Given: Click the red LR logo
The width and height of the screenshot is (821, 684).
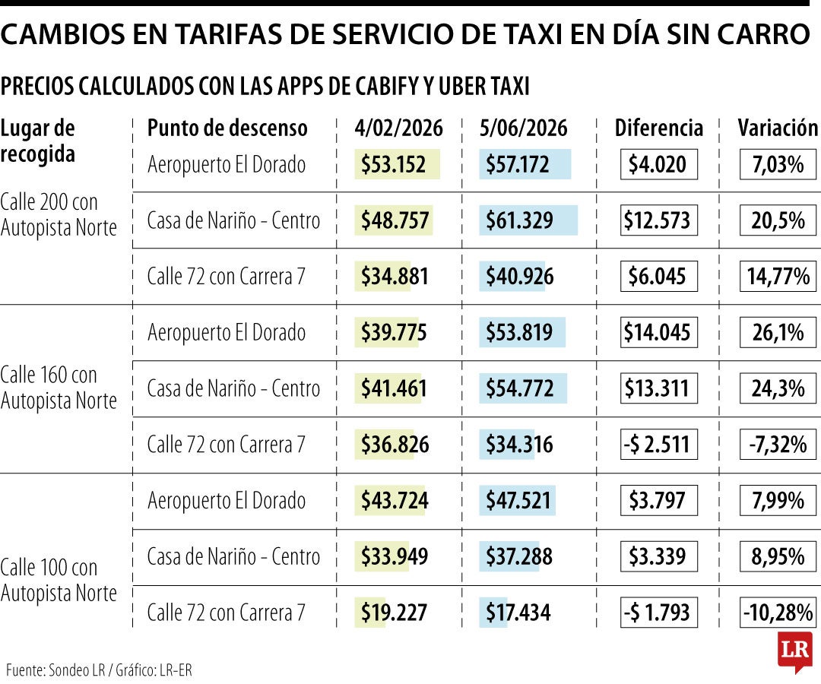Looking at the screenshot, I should click(x=794, y=651).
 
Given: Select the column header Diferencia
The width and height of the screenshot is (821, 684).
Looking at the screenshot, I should click(x=658, y=128).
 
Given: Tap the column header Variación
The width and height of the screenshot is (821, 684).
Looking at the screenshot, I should click(x=777, y=128).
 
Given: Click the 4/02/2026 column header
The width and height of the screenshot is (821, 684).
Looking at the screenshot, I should click(x=398, y=128).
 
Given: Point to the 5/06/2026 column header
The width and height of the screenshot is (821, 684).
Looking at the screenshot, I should click(x=523, y=128).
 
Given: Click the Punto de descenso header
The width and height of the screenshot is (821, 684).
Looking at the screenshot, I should click(x=227, y=128).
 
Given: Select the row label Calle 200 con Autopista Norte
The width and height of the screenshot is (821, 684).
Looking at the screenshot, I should click(x=59, y=215).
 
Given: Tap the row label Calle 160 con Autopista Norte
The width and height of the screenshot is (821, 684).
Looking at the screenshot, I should click(x=59, y=388).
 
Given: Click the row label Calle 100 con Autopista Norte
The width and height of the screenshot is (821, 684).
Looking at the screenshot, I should click(x=59, y=580).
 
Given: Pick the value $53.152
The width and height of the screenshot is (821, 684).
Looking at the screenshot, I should click(x=393, y=165).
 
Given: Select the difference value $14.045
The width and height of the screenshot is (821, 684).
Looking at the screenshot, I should click(x=658, y=333).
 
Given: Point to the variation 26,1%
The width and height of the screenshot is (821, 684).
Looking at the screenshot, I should click(x=778, y=333).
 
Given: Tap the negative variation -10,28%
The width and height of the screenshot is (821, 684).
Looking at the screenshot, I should click(x=777, y=613).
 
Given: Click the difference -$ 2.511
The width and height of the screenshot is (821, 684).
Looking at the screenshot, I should click(x=658, y=445).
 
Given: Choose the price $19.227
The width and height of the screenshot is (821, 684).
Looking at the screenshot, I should click(x=394, y=613).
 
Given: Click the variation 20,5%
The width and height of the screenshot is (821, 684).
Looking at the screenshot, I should click(x=778, y=221).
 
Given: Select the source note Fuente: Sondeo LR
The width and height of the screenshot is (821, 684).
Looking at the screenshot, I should click(x=56, y=670).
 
